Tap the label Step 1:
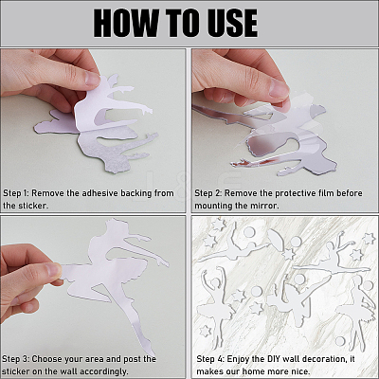click(15, 193)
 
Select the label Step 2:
click(208, 193)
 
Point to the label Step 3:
click(15, 359)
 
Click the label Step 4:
click(210, 359)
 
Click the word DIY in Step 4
click(273, 359)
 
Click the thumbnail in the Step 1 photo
click(92, 79)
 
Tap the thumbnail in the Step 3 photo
click(53, 270)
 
